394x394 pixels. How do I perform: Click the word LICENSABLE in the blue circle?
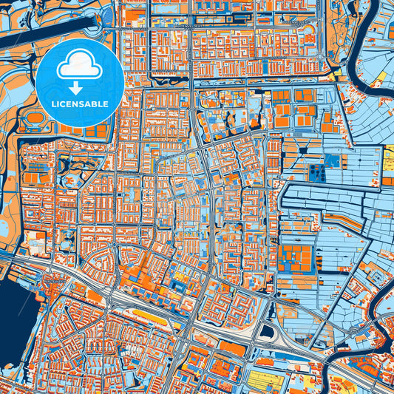(80, 104)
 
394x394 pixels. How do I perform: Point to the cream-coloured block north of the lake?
(35, 240)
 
